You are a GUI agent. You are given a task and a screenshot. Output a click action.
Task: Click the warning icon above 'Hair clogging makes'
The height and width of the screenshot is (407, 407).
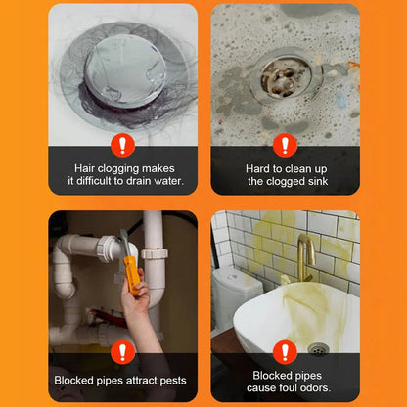point(121,145)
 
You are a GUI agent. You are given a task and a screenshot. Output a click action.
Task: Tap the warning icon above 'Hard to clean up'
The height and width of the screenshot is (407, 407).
point(285,145)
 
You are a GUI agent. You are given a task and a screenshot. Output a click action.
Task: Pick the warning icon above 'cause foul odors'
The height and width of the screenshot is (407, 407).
point(285,351)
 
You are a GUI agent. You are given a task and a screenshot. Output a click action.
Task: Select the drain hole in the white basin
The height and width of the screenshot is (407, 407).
point(318,348)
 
